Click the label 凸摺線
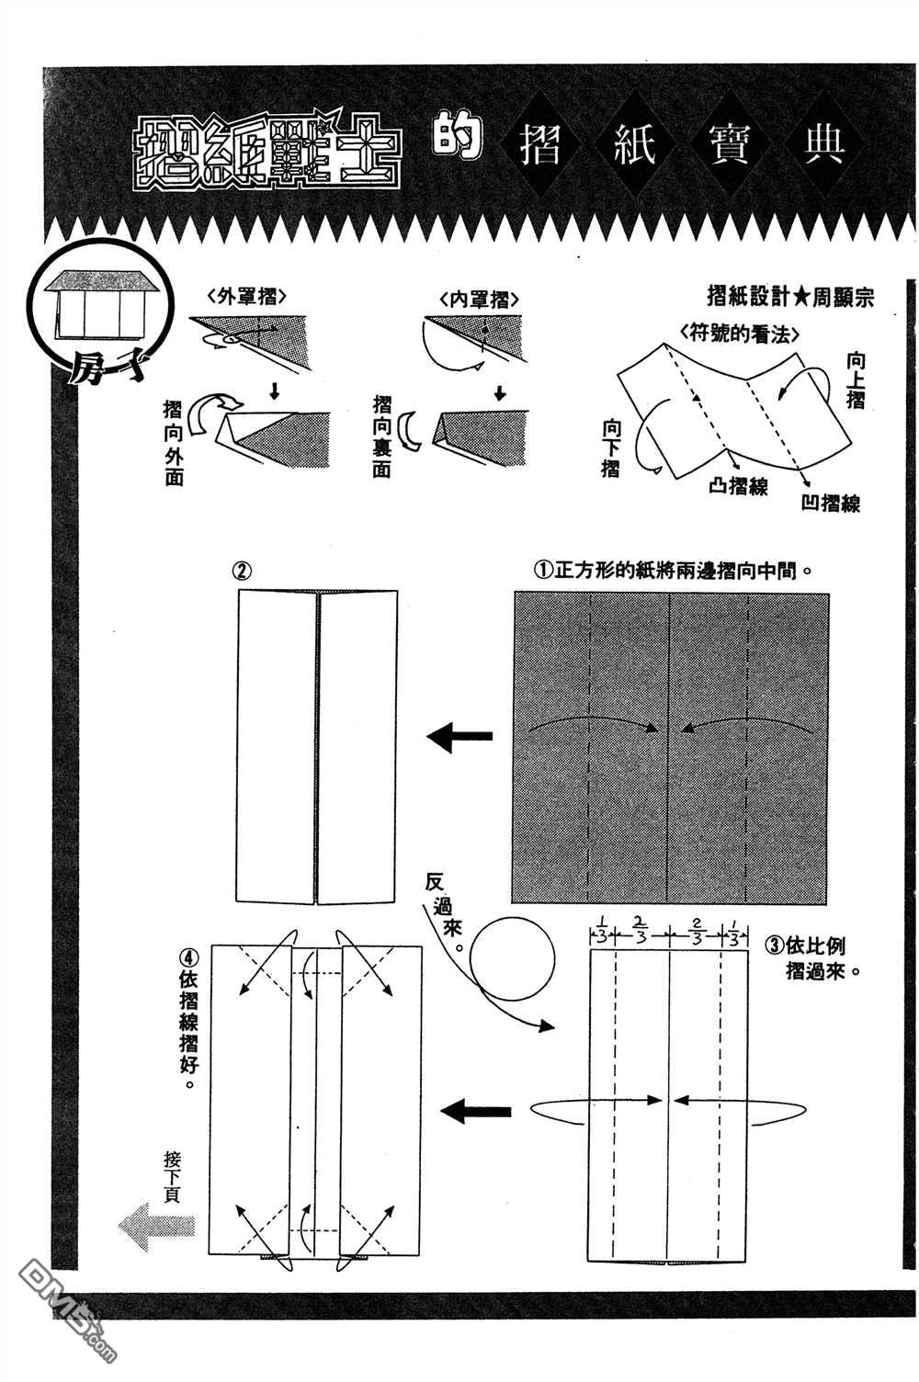pyautogui.click(x=738, y=486)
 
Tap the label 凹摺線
pyautogui.click(x=830, y=503)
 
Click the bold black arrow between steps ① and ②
pyautogui.click(x=460, y=737)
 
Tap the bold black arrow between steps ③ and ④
pyautogui.click(x=475, y=1112)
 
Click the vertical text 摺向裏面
pyautogui.click(x=382, y=435)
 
